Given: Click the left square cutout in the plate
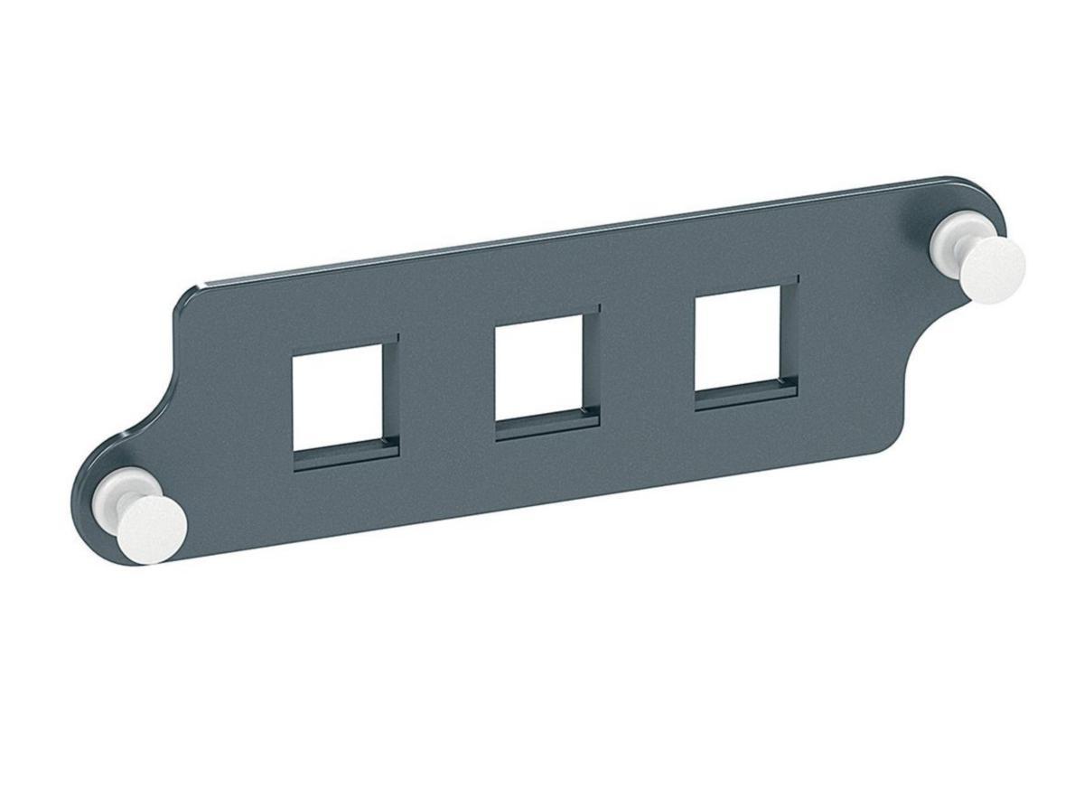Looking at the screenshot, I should coord(337,397).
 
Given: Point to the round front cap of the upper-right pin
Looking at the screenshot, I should coord(992,269).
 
